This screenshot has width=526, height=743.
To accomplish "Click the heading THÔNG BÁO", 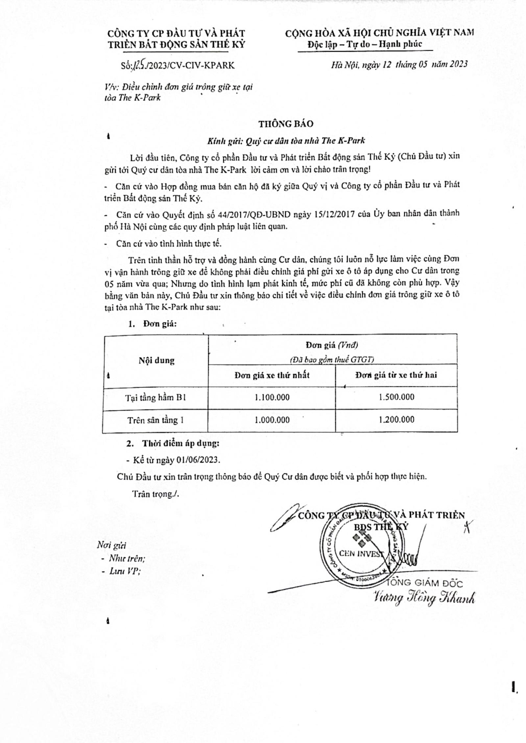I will point(286,124).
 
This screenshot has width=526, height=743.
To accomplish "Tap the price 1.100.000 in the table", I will point(272,397).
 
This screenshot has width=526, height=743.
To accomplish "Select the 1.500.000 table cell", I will point(396,397).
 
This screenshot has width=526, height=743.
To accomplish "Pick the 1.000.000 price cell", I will point(272,420).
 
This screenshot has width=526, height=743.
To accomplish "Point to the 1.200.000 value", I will point(396,420).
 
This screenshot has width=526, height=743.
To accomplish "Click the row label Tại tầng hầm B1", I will point(156,398).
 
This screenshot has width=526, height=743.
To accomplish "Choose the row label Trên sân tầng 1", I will point(156,420).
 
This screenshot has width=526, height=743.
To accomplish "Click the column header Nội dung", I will point(156,360).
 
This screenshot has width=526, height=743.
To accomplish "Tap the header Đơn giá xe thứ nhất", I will point(272,375).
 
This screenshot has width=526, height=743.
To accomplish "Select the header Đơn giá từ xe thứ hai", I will point(396,375).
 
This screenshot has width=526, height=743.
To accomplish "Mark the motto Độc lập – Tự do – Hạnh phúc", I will point(365,44).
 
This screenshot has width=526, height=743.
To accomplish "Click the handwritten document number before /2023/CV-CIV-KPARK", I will point(138,65).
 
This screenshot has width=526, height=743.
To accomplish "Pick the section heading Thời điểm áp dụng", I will point(180,443).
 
